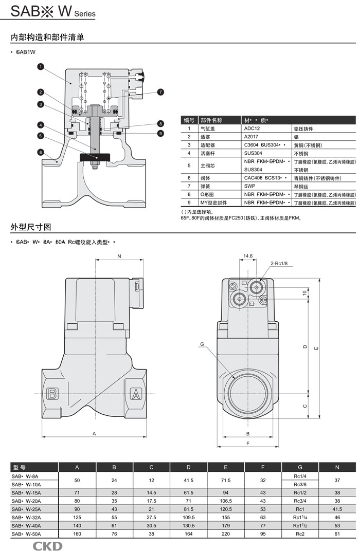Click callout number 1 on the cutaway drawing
[x=40, y=66]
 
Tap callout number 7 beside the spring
[x=160, y=92]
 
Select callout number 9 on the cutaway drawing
[x=160, y=133]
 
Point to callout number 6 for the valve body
[x=40, y=152]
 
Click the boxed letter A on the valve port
[x=136, y=394]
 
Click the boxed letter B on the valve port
[x=51, y=394]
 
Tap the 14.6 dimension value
[x=248, y=255]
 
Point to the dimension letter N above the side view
[x=119, y=256]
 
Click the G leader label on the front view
[x=202, y=344]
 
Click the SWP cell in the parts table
[x=249, y=186]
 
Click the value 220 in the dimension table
[x=226, y=534]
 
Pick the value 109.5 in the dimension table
[x=189, y=517]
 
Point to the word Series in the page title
[x=85, y=14]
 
